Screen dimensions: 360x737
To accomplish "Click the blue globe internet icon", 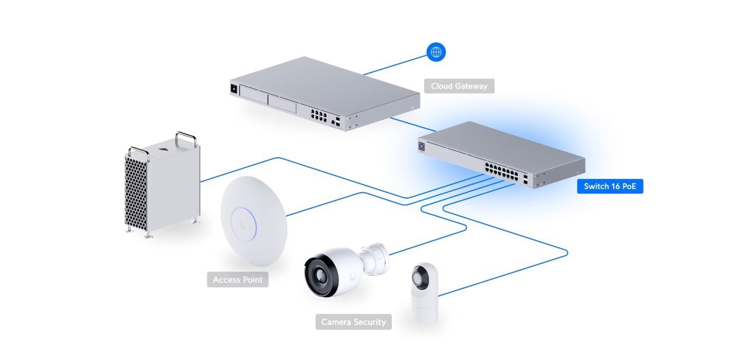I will [x=436, y=52].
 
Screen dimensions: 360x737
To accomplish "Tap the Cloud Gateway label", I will [x=459, y=86].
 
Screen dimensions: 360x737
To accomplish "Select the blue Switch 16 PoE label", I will [x=610, y=186].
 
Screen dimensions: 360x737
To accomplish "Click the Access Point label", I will [x=238, y=280].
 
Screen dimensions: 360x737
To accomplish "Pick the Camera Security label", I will [x=354, y=322].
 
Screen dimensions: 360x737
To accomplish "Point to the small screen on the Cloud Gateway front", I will [x=233, y=88].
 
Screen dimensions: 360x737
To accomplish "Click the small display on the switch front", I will [x=422, y=147].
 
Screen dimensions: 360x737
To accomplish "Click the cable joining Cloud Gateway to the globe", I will [x=394, y=64].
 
